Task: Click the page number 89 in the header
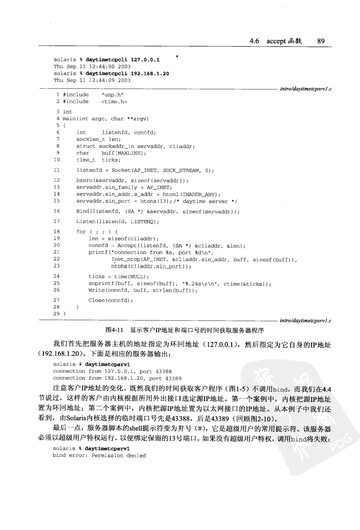coord(321,41)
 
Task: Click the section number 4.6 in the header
coord(254,41)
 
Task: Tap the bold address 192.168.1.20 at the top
coord(150,73)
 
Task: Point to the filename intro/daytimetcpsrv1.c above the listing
coord(306,89)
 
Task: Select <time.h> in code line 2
coord(114,102)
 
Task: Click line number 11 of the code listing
coord(56,170)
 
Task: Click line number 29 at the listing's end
coord(56,314)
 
